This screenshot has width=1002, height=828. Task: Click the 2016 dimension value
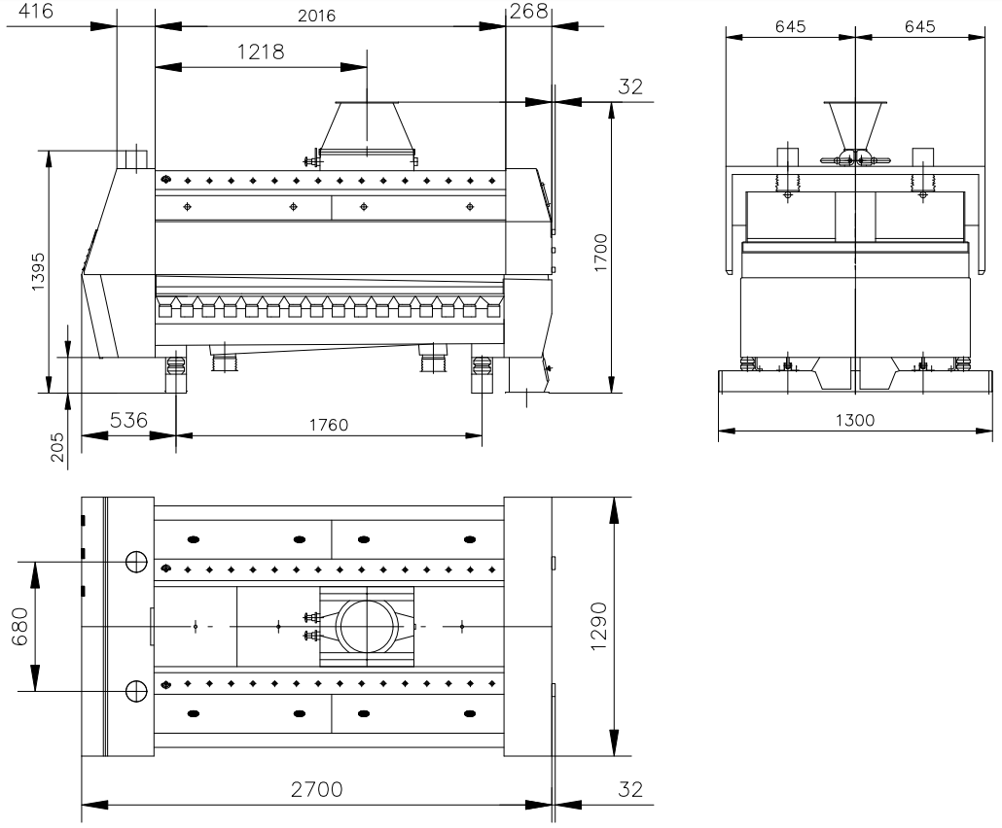[316, 16]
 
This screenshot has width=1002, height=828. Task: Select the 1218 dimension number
[261, 52]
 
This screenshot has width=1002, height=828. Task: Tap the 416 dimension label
[35, 11]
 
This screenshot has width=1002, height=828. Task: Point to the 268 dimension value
[529, 11]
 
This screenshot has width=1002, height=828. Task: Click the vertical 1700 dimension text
[600, 253]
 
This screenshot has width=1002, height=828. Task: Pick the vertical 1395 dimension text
[38, 272]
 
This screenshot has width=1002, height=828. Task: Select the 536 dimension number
[128, 420]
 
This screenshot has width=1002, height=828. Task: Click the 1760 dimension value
[329, 425]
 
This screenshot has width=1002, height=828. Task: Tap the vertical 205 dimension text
[56, 447]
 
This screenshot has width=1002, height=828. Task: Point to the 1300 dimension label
[855, 420]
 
